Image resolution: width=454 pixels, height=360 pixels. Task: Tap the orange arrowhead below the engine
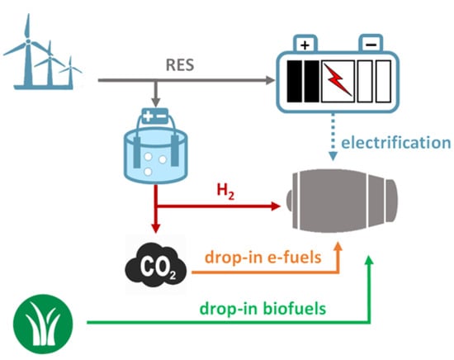tap(340, 247)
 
